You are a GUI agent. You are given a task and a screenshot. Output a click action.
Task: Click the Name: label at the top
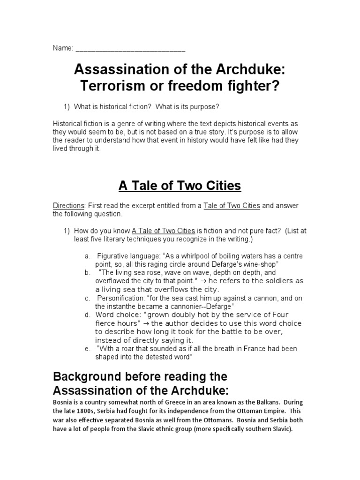point(63,48)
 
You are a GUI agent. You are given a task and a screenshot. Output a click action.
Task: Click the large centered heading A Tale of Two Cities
point(180,186)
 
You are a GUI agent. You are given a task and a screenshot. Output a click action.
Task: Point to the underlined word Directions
point(68,206)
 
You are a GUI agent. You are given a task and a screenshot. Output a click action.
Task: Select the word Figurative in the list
point(114,256)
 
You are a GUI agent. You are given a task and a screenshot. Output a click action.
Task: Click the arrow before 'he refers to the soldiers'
point(204,281)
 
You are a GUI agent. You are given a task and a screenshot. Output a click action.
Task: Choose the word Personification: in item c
point(119,298)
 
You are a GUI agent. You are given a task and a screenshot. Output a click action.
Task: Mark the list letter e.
point(87,349)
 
